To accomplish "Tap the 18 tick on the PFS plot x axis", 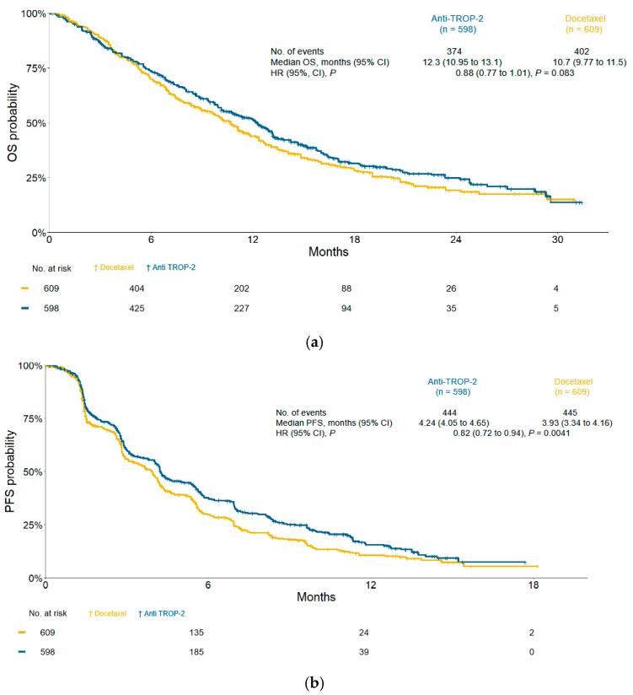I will coord(533,585).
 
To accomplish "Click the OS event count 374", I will coord(456,51).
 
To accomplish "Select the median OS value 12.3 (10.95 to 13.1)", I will coord(456,62).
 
